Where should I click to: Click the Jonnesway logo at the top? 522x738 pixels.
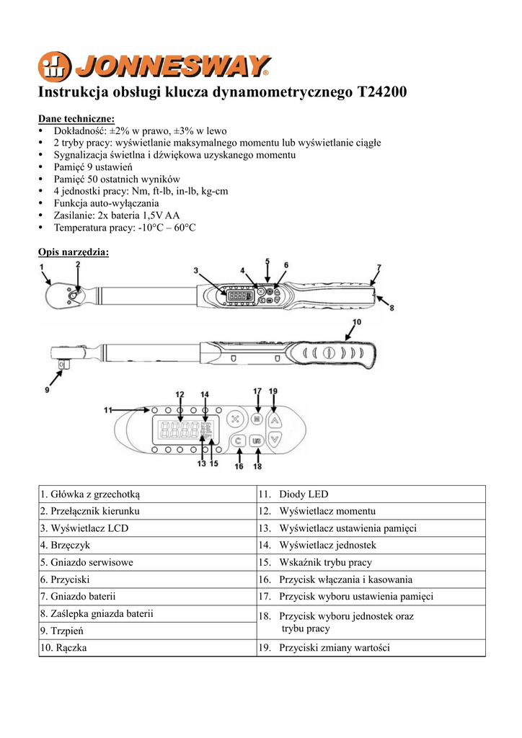pyautogui.click(x=154, y=67)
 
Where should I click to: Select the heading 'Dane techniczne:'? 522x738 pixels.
pyautogui.click(x=76, y=119)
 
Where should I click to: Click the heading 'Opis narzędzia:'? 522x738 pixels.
pyautogui.click(x=73, y=252)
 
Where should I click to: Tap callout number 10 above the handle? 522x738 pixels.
pyautogui.click(x=357, y=322)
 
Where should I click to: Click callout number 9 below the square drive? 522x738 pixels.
pyautogui.click(x=47, y=389)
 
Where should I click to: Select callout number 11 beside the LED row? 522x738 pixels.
pyautogui.click(x=108, y=409)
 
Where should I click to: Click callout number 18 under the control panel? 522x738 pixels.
pyautogui.click(x=257, y=466)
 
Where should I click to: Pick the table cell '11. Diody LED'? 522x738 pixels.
pyautogui.click(x=303, y=494)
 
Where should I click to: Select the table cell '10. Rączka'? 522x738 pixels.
pyautogui.click(x=64, y=648)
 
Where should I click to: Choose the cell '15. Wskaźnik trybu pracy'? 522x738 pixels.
pyautogui.click(x=325, y=562)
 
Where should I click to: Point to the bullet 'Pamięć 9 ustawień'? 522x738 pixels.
pyautogui.click(x=93, y=166)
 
